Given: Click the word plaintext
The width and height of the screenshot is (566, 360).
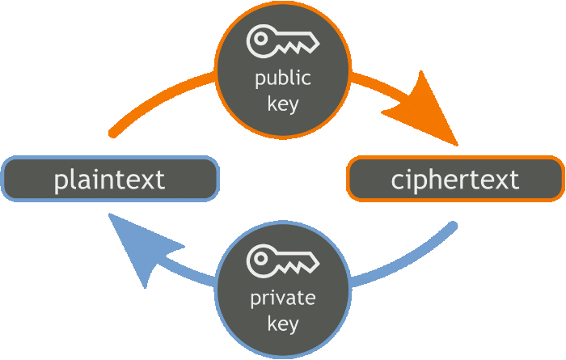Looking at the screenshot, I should click(109, 179).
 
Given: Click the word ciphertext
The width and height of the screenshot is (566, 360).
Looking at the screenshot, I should click(455, 179).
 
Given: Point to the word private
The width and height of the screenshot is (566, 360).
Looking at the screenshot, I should click(282, 299).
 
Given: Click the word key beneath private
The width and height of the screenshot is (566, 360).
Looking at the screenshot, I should click(282, 324).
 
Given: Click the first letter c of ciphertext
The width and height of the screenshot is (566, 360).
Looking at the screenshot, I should click(397, 180).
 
